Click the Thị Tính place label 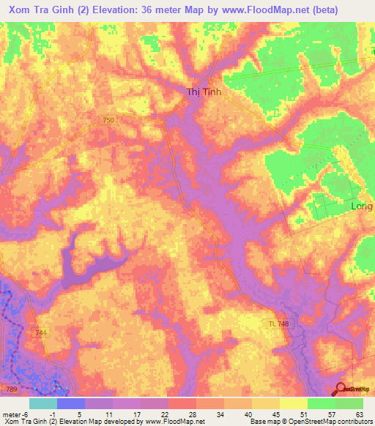click(x=204, y=92)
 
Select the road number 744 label click(x=42, y=333)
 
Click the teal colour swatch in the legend click(x=42, y=403)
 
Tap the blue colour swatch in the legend click(x=70, y=403)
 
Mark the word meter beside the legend click(x=12, y=414)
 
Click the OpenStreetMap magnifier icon click(x=342, y=389)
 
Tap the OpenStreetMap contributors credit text click(x=325, y=422)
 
